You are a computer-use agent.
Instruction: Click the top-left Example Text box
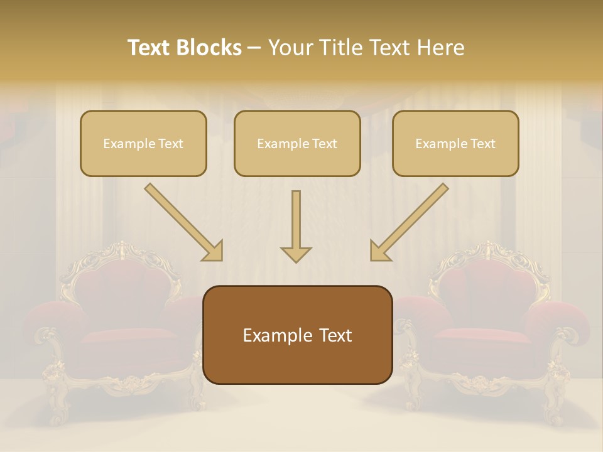143,143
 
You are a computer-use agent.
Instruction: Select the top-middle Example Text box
297,143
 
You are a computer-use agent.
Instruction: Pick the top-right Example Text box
455,143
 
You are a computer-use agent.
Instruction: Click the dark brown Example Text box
297,335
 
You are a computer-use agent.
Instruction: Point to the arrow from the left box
182,221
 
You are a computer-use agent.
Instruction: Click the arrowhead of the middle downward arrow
296,254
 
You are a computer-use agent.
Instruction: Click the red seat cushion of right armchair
481,336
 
